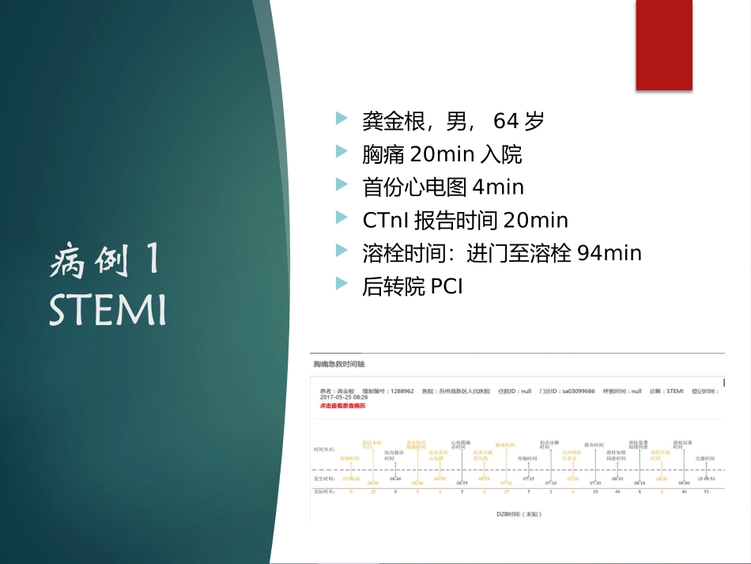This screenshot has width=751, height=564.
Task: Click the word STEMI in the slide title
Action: [x=108, y=310]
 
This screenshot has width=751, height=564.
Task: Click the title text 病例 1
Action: [x=106, y=262]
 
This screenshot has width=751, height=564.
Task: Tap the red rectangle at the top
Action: [x=664, y=44]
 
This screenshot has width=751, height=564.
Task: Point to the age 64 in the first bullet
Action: [x=505, y=121]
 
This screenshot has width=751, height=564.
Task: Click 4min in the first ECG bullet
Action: [x=497, y=187]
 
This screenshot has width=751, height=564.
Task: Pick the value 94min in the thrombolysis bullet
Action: [x=609, y=253]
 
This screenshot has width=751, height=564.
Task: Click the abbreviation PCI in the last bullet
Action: [x=447, y=286]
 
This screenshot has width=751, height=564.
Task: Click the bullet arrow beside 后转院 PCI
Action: [x=342, y=283]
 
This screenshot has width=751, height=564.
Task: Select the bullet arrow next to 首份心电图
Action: [x=342, y=184]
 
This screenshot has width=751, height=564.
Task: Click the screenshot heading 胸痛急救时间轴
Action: [x=339, y=364]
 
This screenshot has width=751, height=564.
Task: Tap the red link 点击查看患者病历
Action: [x=342, y=405]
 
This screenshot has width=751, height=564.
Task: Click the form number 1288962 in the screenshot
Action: [x=402, y=392]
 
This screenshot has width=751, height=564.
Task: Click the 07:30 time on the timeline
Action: [x=594, y=479]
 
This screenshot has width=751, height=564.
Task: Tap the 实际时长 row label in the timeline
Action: [x=324, y=491]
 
